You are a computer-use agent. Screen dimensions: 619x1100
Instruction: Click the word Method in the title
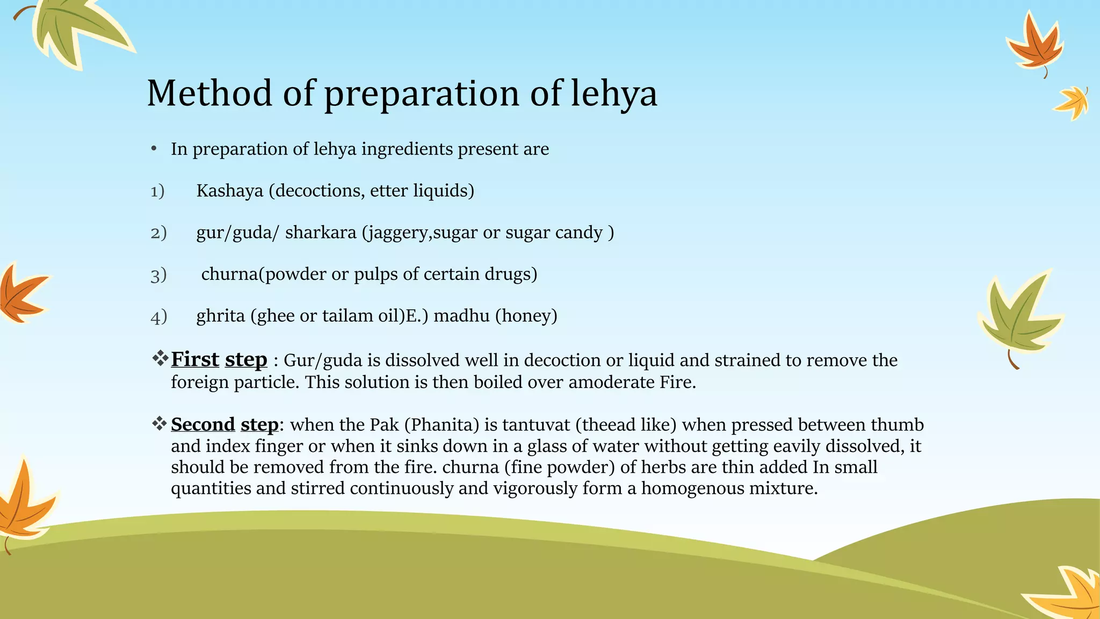(209, 93)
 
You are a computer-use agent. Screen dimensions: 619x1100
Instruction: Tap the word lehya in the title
(613, 93)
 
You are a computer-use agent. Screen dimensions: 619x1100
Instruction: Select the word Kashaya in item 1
(229, 191)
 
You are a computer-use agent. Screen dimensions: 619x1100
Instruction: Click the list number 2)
(158, 233)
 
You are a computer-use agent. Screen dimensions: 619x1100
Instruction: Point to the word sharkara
(321, 233)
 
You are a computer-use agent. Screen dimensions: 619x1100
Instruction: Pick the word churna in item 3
(229, 274)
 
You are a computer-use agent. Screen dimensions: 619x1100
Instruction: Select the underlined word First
(195, 359)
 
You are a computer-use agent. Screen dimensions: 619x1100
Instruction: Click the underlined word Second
(203, 424)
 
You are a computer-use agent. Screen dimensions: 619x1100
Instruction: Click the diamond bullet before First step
(160, 358)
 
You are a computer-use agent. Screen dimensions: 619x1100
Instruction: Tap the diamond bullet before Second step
(160, 423)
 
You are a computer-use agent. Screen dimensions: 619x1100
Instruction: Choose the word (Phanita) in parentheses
(442, 424)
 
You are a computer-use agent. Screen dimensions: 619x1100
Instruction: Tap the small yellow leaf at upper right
(1072, 102)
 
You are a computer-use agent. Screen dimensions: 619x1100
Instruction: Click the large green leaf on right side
(1018, 317)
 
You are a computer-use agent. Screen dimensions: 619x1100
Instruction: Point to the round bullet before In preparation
(154, 149)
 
